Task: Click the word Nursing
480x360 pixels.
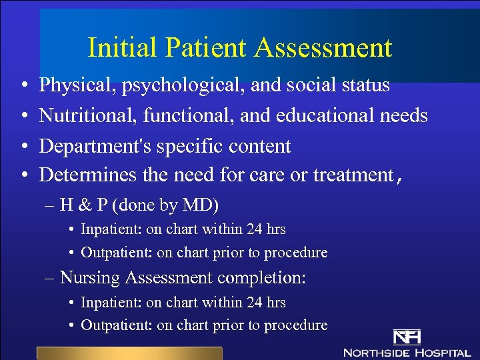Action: coord(90,277)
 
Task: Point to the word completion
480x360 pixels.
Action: coord(267,277)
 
